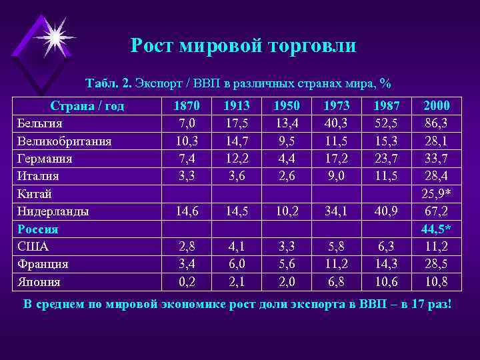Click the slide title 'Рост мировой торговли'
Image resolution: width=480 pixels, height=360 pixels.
(x=243, y=45)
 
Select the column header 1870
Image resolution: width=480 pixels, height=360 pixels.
(x=185, y=105)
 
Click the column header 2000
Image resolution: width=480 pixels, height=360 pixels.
(x=436, y=105)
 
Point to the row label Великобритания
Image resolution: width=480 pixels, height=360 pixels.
(x=64, y=141)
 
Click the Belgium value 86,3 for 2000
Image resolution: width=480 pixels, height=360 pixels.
(x=436, y=123)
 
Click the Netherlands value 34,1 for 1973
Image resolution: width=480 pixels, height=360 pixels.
(x=335, y=211)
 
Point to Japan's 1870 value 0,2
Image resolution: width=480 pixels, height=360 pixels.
(x=185, y=281)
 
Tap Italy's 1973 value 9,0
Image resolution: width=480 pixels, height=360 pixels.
(x=335, y=176)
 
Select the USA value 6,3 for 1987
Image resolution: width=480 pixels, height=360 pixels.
(x=386, y=247)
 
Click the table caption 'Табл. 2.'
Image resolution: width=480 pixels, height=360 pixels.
(x=109, y=83)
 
